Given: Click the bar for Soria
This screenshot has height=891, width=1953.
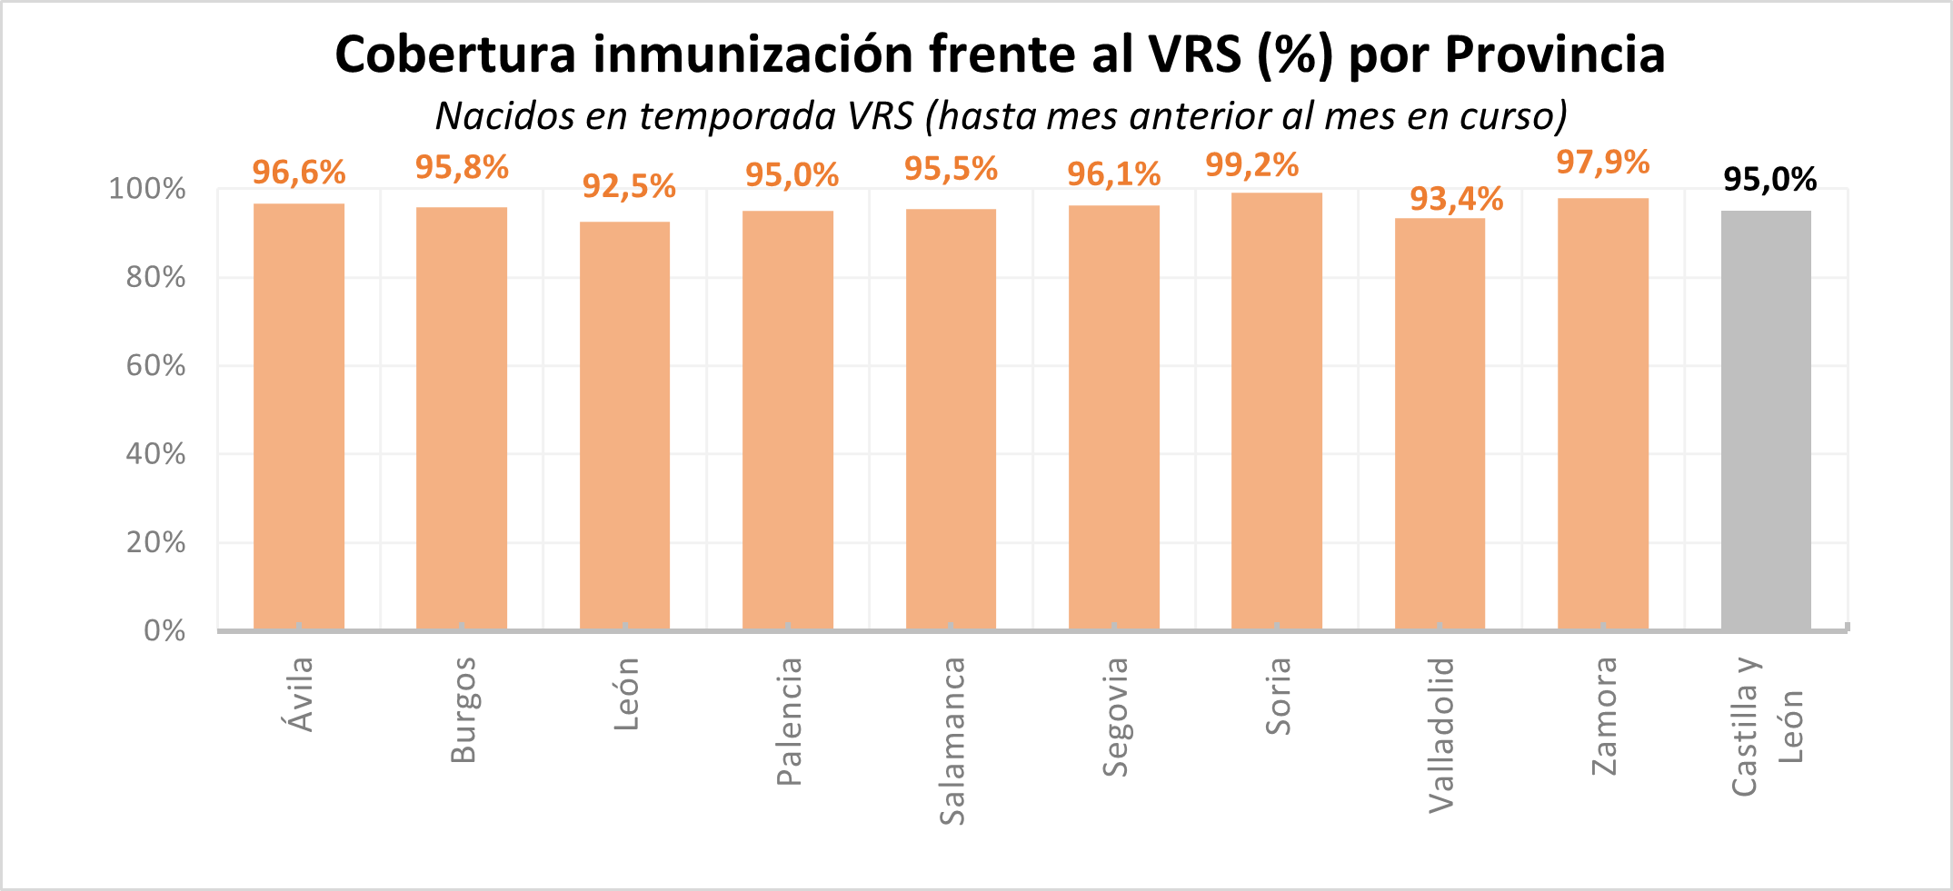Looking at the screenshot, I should (1276, 411).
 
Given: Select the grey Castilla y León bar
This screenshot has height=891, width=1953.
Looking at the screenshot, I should (1765, 420).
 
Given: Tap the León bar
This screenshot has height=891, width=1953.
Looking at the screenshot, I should (624, 425).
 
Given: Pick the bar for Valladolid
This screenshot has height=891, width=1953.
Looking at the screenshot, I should (1440, 423).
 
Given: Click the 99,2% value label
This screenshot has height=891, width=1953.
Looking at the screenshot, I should (1251, 165).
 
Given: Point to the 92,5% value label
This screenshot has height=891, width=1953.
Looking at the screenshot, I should (629, 186).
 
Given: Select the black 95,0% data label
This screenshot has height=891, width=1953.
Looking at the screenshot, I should (1769, 180).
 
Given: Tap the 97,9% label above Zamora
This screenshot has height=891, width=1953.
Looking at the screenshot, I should (1602, 163).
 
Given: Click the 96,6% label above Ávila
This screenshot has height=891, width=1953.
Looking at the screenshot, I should (299, 172).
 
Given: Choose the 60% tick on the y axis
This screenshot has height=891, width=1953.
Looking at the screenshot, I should (155, 366).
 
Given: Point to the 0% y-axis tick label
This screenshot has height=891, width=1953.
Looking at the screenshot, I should (164, 631).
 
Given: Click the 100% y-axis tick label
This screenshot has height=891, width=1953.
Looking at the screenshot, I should (147, 190).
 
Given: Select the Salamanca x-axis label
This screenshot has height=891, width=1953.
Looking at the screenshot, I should (952, 741).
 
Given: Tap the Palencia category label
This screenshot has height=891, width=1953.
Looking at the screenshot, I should (789, 721).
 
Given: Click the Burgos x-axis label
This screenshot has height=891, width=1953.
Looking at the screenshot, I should (463, 709).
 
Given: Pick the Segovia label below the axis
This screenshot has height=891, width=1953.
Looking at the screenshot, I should (1115, 717).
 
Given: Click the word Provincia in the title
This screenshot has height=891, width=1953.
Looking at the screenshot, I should (1555, 54).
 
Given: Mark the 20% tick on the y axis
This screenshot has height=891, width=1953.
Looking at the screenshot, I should (155, 543).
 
